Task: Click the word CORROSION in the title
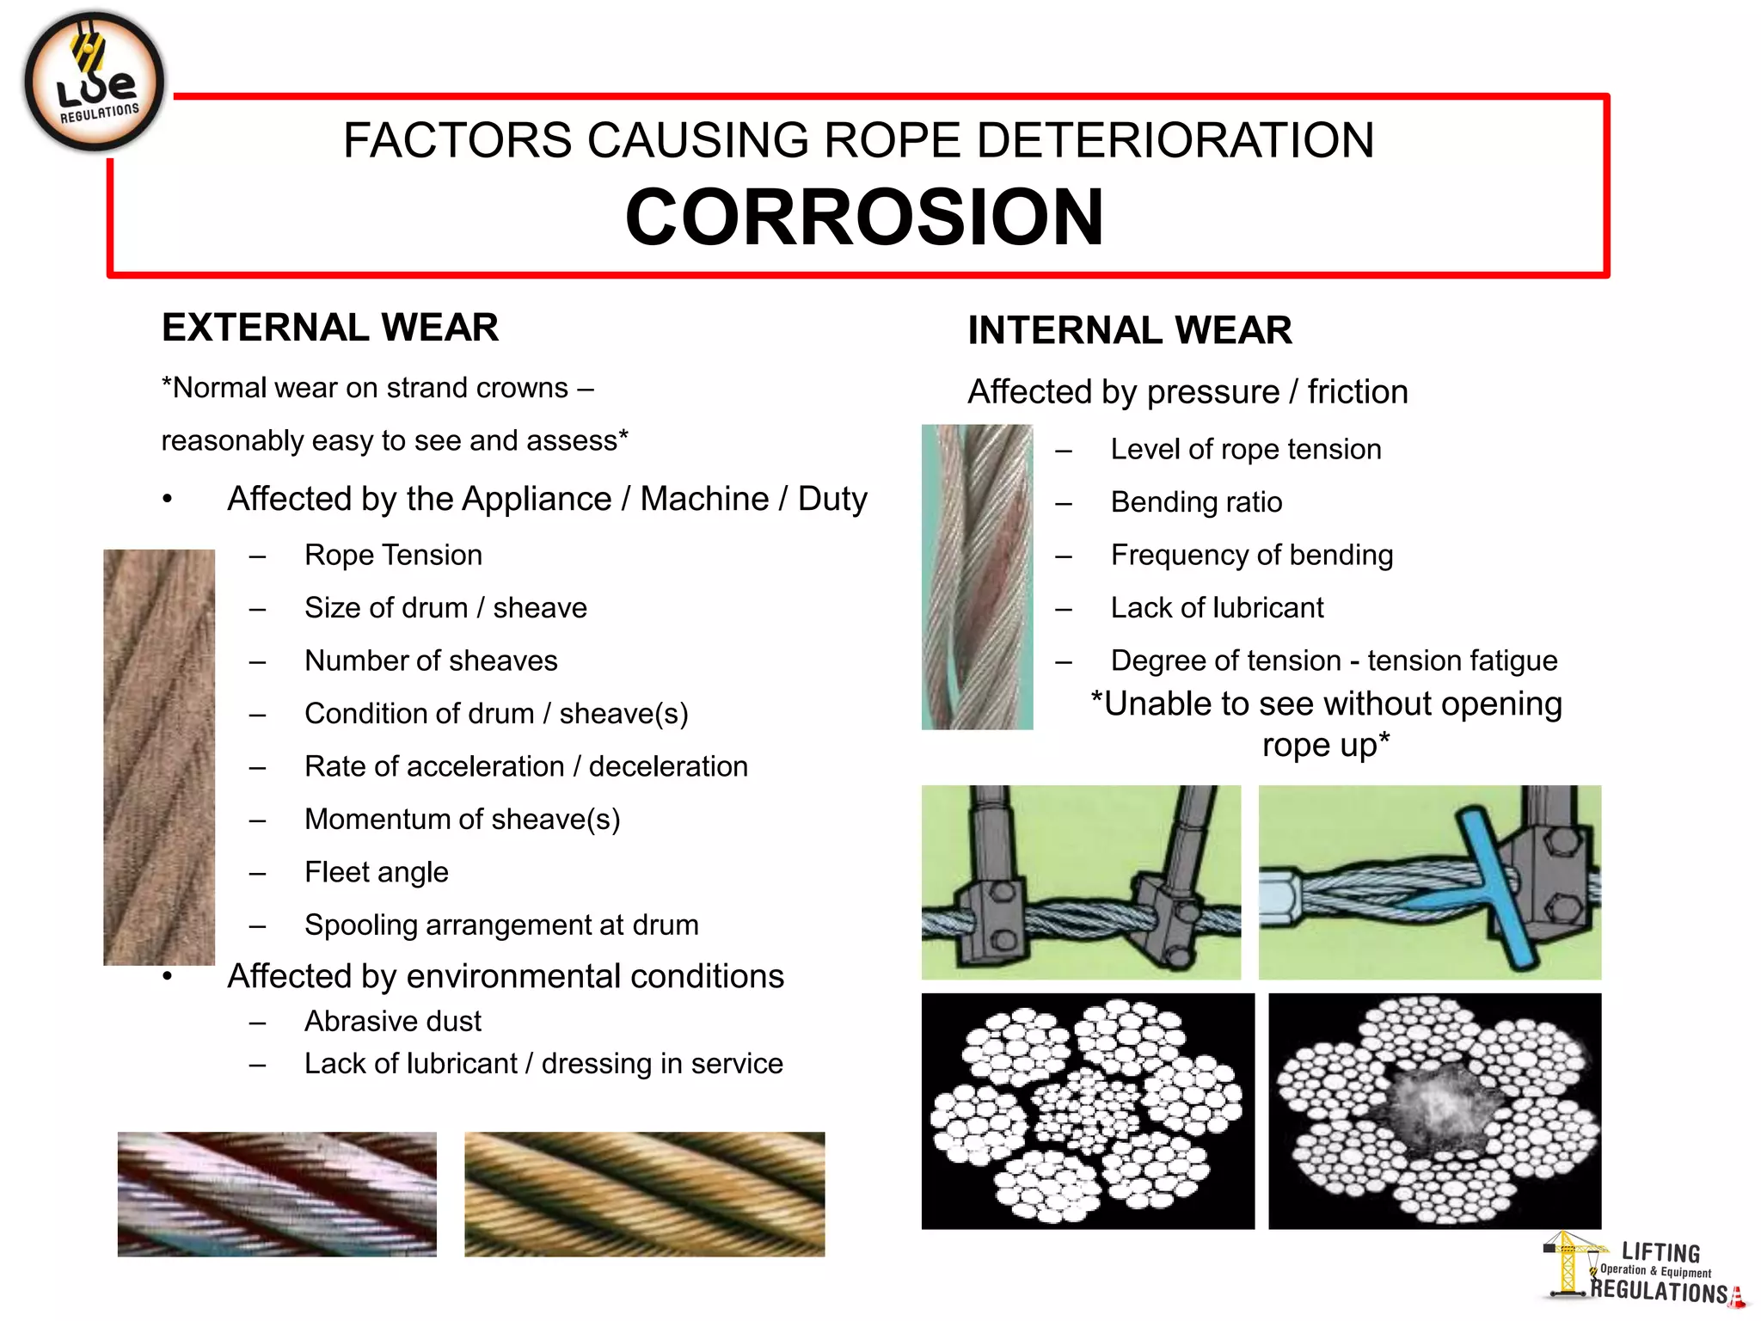[x=863, y=218]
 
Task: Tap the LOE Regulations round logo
[x=94, y=83]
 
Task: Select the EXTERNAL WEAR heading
[x=330, y=328]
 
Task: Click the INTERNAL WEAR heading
[x=1129, y=330]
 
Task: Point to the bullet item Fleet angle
[x=376, y=872]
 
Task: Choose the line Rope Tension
[x=393, y=555]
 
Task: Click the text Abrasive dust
[x=392, y=1021]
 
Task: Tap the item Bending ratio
[x=1196, y=502]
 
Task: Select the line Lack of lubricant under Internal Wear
[x=1217, y=608]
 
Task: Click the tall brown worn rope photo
[x=159, y=757]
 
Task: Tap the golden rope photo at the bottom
[x=644, y=1195]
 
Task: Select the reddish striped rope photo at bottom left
[x=277, y=1195]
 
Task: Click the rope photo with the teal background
[x=977, y=577]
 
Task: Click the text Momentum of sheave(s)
[x=462, y=820]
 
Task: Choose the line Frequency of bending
[x=1251, y=556]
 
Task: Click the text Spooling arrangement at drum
[x=501, y=925]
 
